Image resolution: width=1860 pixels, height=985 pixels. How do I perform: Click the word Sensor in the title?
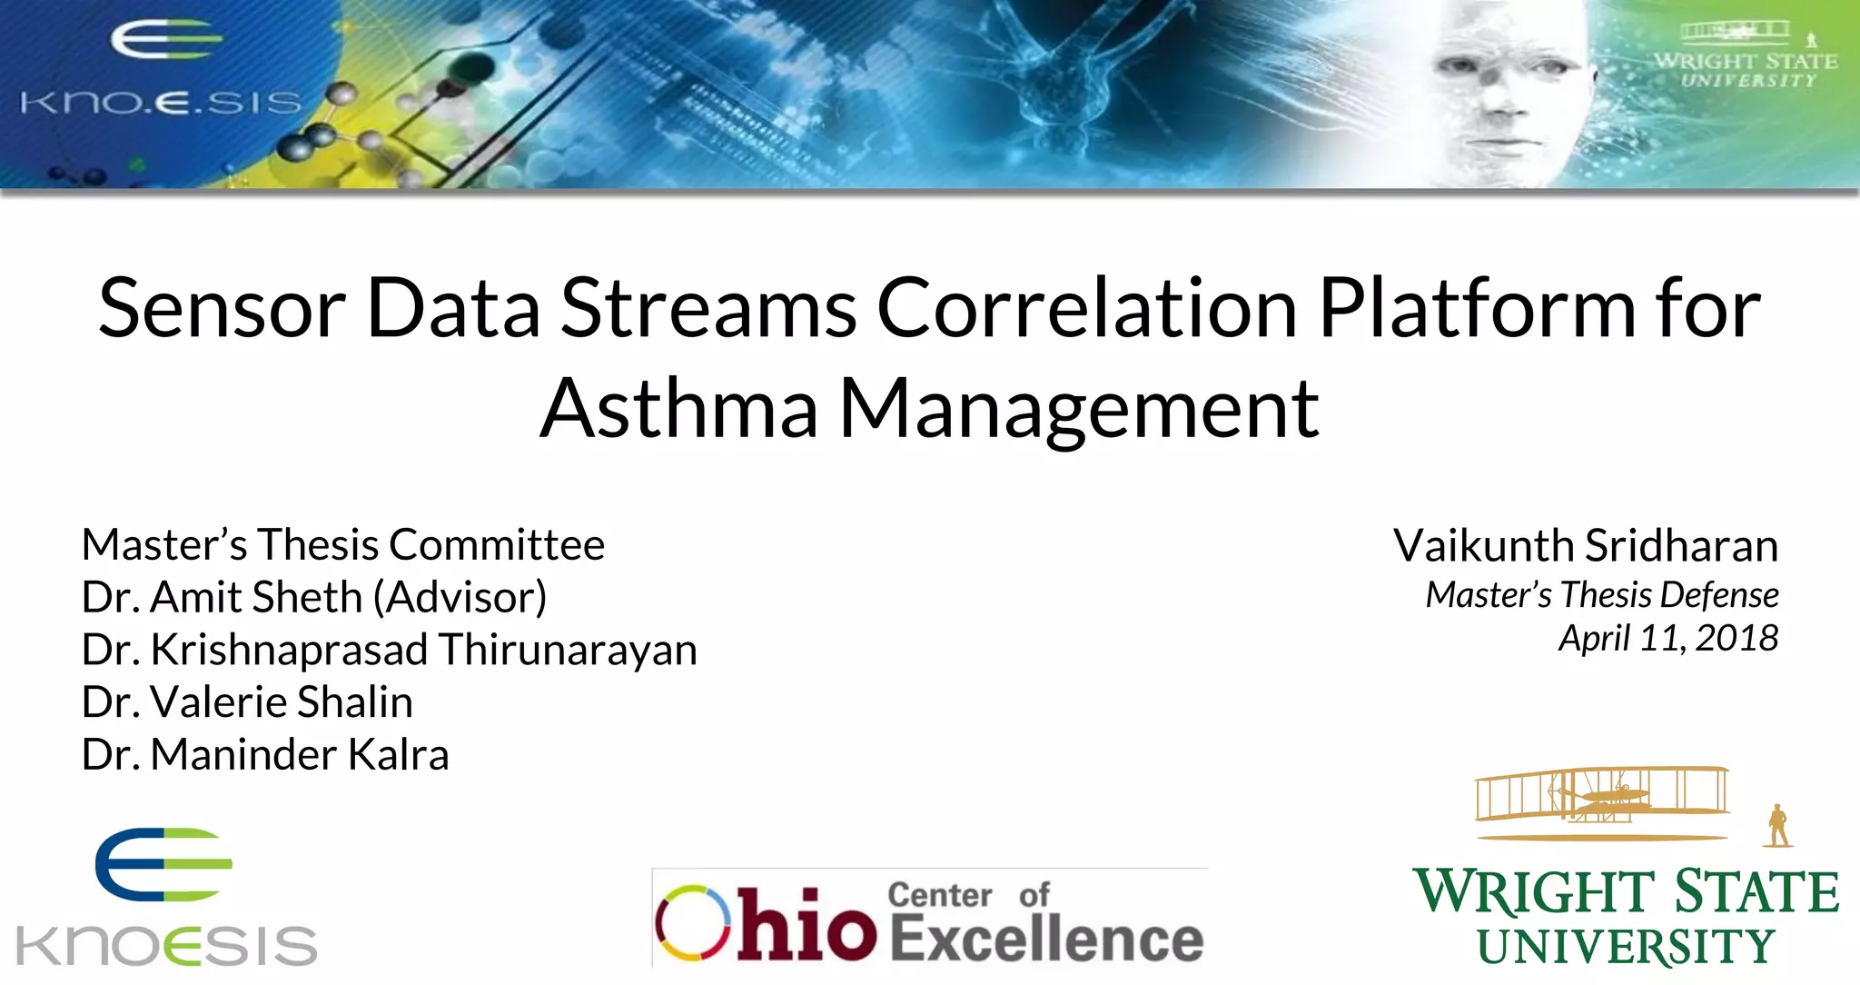point(222,309)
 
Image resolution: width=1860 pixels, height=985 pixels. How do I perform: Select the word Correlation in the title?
point(1086,309)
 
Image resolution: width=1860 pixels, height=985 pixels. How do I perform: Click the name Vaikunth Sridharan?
point(1585,546)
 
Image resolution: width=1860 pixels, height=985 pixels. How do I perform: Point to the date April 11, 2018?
point(1667,638)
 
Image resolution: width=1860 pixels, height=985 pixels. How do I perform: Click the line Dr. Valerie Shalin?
point(247,702)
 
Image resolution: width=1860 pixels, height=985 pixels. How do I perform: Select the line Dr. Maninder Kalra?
point(265,755)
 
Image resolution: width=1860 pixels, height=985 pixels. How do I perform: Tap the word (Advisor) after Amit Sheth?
point(466,598)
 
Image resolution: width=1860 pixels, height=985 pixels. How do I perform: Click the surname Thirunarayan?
point(568,651)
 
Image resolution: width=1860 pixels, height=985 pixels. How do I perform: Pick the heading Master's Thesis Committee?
point(342,545)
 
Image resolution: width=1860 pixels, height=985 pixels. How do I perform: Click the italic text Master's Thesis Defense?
point(1601,595)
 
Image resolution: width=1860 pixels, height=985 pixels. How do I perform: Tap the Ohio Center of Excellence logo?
point(929,920)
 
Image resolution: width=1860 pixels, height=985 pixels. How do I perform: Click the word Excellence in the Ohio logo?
point(1046,939)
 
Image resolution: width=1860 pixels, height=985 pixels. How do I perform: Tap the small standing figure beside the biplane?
point(1777,826)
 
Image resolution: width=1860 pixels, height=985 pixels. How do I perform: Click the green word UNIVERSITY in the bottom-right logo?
point(1625,948)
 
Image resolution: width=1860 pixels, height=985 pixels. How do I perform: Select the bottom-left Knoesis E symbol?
point(163,864)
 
